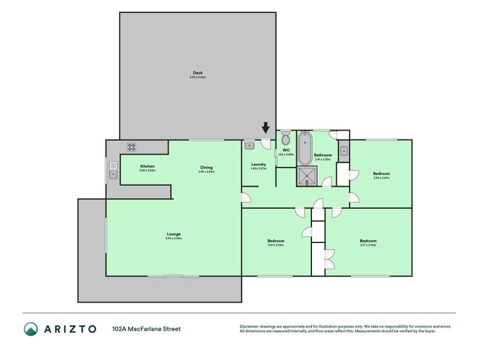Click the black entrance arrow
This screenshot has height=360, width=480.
pyautogui.click(x=266, y=128)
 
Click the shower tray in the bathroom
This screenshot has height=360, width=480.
pyautogui.click(x=308, y=176)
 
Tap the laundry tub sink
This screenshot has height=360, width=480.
pyautogui.click(x=250, y=144)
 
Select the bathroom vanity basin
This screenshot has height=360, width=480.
pyautogui.click(x=344, y=151)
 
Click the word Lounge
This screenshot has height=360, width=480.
pyautogui.click(x=174, y=234)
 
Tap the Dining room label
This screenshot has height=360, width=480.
pyautogui.click(x=206, y=167)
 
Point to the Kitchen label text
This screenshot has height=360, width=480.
pyautogui.click(x=148, y=166)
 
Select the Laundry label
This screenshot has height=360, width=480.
pyautogui.click(x=259, y=164)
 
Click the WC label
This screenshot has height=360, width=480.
pyautogui.click(x=286, y=150)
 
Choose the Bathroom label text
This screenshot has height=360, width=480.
pyautogui.click(x=323, y=155)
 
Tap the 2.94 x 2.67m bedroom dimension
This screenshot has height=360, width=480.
pyautogui.click(x=382, y=178)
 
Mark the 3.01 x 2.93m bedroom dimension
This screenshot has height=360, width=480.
pyautogui.click(x=275, y=245)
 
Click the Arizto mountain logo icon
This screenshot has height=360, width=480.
pyautogui.click(x=31, y=329)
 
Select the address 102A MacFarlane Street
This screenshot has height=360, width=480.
pyautogui.click(x=146, y=329)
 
